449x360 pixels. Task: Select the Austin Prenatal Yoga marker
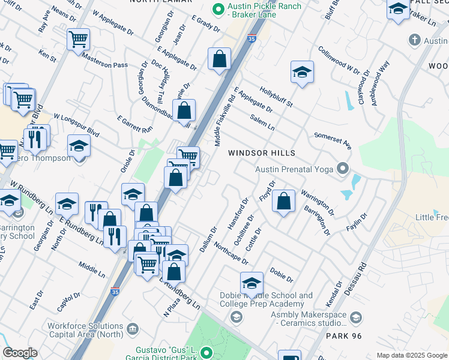pyautogui.click(x=343, y=168)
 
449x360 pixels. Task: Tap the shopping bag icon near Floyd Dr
pyautogui.click(x=284, y=201)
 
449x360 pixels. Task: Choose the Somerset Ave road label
pyautogui.click(x=333, y=140)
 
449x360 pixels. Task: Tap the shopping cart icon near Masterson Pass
pyautogui.click(x=78, y=40)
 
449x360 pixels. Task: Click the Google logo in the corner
pyautogui.click(x=20, y=353)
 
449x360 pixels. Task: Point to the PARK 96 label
pyautogui.click(x=344, y=336)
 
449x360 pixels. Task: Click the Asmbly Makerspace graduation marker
pyautogui.click(x=355, y=317)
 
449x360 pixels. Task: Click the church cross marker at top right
pyautogui.click(x=414, y=40)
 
